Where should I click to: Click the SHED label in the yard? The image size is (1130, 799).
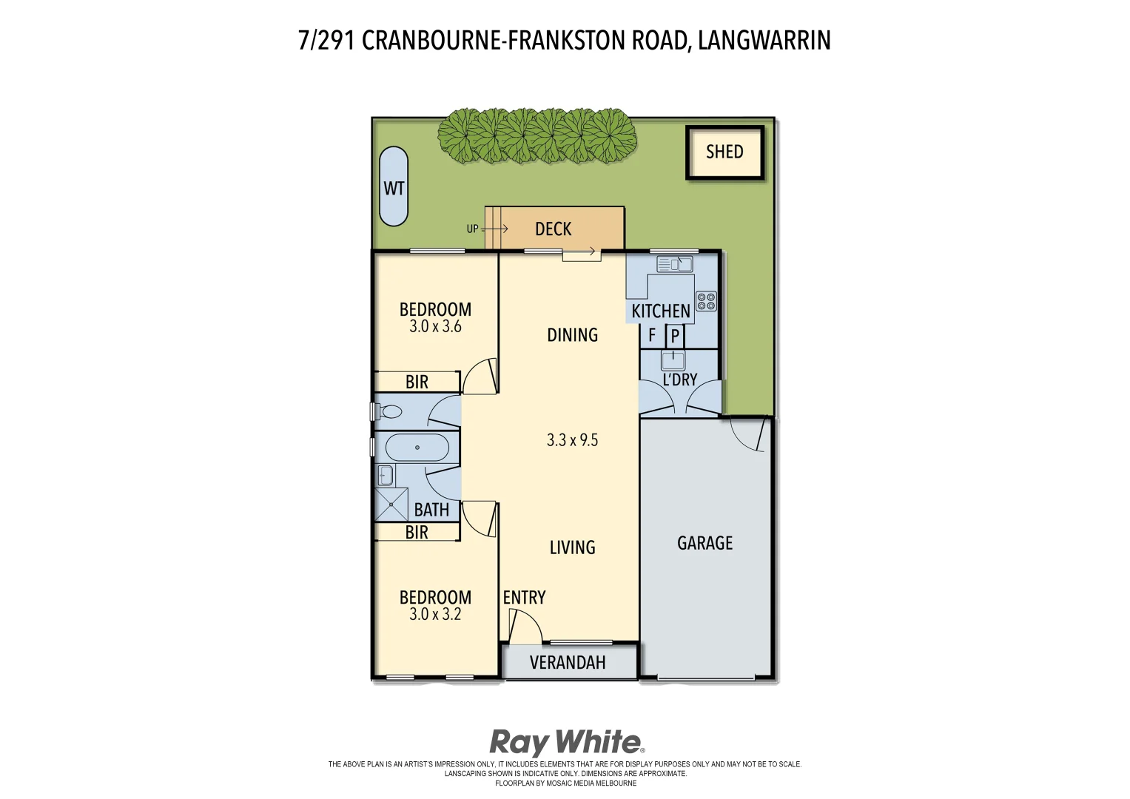[x=724, y=152]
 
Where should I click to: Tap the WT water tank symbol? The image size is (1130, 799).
[x=394, y=187]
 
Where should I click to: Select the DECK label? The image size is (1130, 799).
[x=553, y=229]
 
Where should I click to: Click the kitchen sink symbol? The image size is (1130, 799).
[x=674, y=264]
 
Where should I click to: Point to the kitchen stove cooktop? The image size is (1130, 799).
[x=706, y=301]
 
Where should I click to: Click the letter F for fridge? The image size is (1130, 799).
[x=652, y=336]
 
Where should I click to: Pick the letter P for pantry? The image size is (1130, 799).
[x=675, y=337]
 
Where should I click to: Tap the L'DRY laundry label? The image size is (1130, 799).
[x=679, y=380]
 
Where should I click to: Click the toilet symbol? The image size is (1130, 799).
[x=389, y=411]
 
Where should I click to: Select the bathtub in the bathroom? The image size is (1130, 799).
[x=417, y=448]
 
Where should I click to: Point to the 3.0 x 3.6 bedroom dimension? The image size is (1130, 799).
[x=435, y=326]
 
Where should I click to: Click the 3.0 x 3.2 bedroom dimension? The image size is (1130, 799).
[x=435, y=614]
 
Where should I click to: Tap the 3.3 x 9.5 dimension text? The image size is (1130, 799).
[x=572, y=440]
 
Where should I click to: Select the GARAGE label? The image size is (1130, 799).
[x=704, y=543]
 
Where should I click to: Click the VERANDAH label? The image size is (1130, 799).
[x=568, y=662]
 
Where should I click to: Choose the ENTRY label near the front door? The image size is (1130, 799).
[x=524, y=598]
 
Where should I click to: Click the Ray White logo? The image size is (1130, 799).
[x=567, y=741]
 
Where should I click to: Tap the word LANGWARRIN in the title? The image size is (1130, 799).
[x=764, y=40]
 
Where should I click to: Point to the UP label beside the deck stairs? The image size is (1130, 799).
[x=472, y=229]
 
